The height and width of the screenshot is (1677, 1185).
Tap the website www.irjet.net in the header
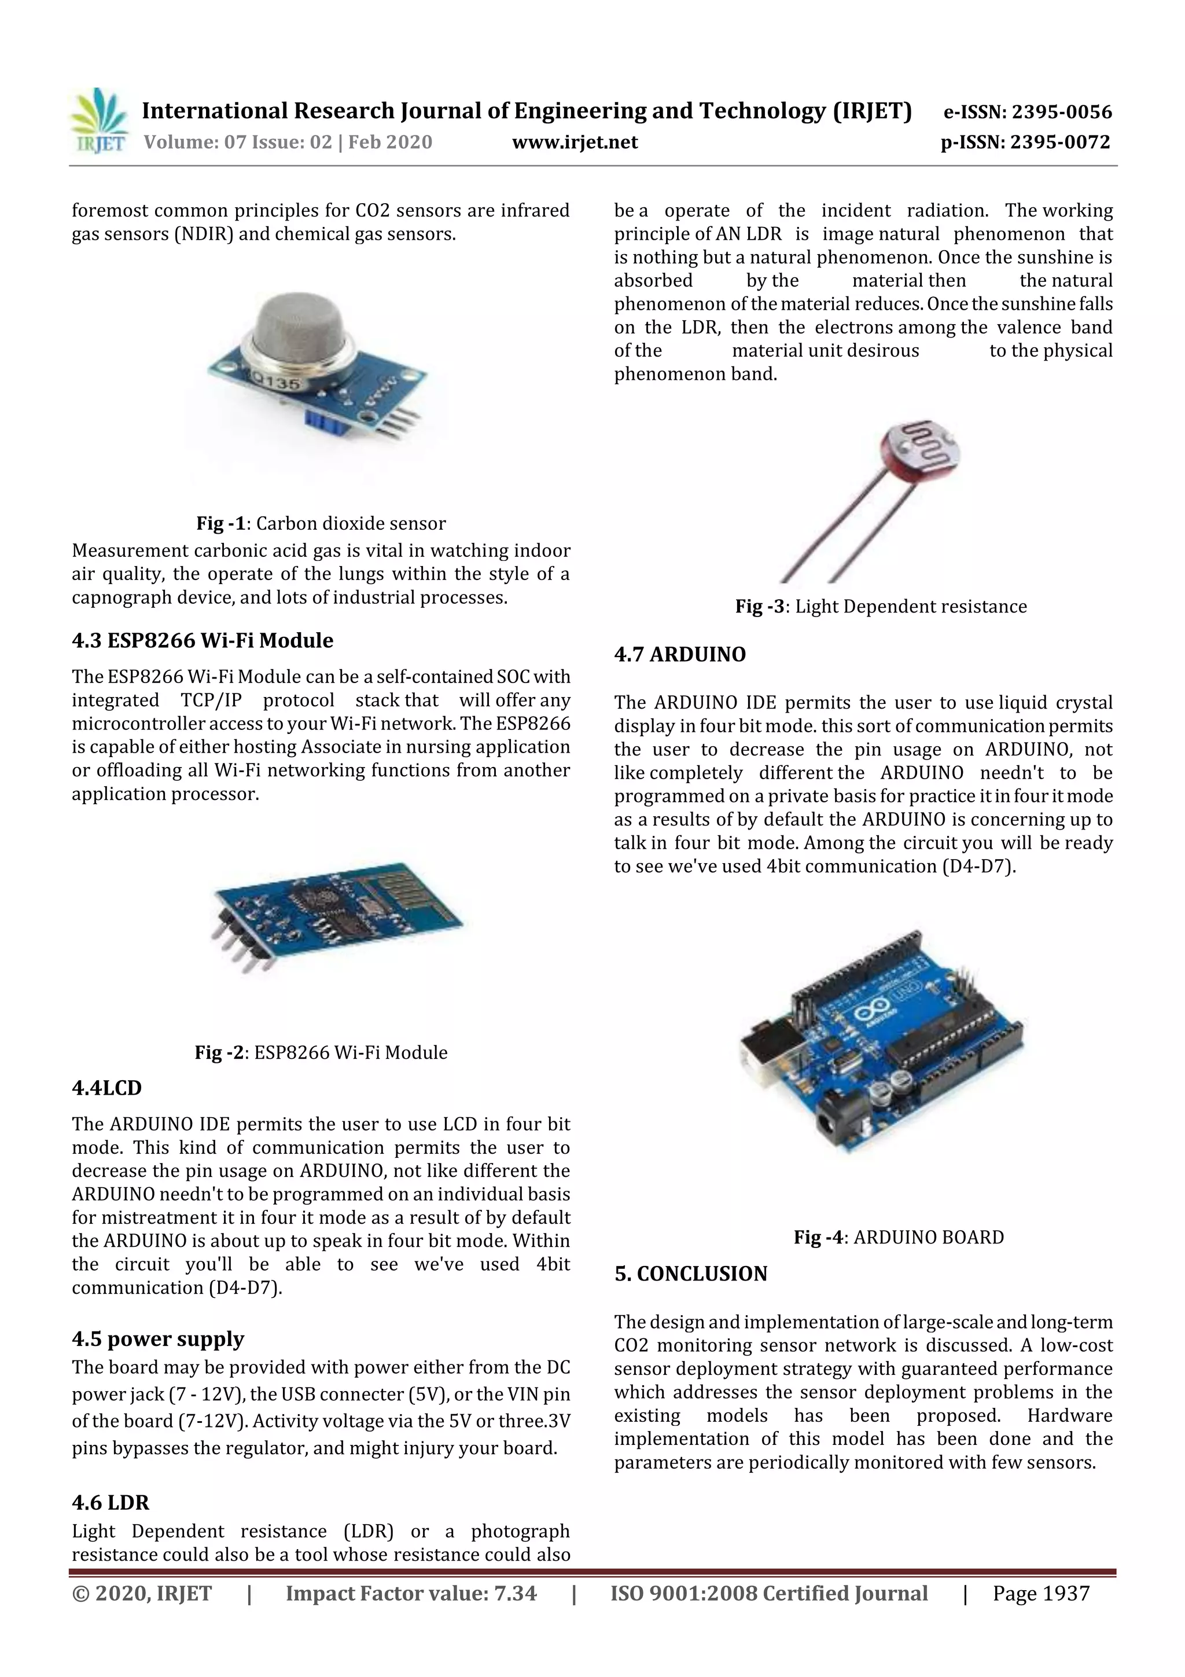coord(575,142)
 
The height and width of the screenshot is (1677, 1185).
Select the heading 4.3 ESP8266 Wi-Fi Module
coord(203,641)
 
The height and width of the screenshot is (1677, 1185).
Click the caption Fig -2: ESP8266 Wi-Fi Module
coord(321,1052)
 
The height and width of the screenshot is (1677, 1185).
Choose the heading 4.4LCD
coord(106,1088)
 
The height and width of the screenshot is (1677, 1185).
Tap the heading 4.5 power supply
coord(158,1339)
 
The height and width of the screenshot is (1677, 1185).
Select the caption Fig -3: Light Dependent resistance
coord(881,606)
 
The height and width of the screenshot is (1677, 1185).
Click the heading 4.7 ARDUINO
coord(680,655)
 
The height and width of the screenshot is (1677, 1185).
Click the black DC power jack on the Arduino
coord(837,1128)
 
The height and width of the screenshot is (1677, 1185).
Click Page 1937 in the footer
coord(1040,1593)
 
